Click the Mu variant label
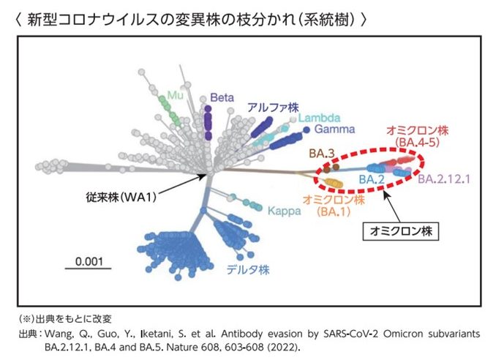(175, 95)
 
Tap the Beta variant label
(222, 97)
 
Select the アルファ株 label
(273, 108)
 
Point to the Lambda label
(319, 118)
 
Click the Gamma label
(334, 129)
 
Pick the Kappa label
(285, 211)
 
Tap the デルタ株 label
(248, 270)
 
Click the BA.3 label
(322, 154)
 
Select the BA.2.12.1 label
(444, 179)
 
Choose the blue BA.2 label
(372, 180)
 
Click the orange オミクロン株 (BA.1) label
(334, 206)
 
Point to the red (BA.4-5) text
(418, 143)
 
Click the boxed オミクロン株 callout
(401, 231)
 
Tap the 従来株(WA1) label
(121, 198)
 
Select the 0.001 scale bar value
(89, 262)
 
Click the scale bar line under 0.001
(89, 269)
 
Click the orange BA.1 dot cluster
(333, 183)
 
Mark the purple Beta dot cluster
(208, 123)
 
